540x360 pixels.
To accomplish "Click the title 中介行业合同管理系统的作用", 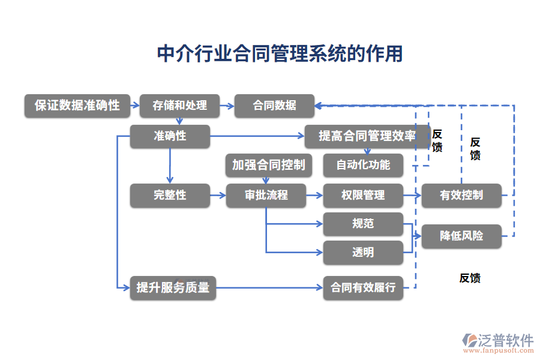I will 279,53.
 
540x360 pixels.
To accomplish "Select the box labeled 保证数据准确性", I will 77,106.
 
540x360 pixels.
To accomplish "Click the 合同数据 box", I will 274,106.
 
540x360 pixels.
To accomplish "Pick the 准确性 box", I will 170,136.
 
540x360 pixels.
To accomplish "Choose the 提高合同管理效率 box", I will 367,136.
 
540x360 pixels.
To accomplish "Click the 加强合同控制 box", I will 268,165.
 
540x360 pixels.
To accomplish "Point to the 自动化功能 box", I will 363,165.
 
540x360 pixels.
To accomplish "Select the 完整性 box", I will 170,195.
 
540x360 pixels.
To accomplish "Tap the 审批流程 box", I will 266,195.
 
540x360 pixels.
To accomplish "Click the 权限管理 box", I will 363,195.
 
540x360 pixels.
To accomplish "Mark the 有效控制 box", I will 461,195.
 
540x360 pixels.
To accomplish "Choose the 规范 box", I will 363,224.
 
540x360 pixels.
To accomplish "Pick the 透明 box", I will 363,253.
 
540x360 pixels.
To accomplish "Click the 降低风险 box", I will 461,236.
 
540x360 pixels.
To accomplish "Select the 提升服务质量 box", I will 173,287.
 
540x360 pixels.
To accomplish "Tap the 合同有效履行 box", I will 363,287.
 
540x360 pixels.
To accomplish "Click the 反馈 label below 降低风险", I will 470,278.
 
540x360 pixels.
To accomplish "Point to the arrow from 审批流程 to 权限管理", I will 314,195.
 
